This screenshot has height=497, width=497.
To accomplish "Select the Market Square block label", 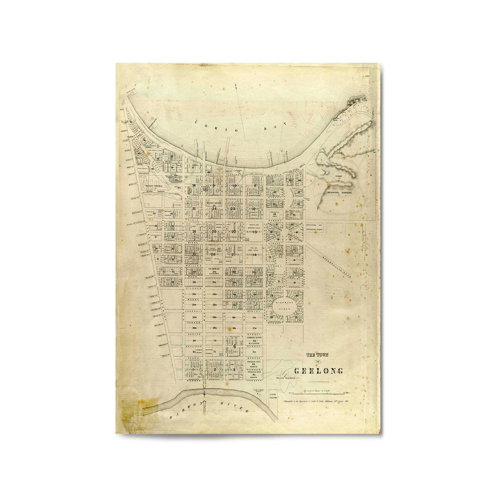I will coord(214,203).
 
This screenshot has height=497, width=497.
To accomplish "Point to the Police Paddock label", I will coord(283,378).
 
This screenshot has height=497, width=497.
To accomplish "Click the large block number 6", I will coord(234,346).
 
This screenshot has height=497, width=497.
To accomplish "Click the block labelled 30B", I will coord(194,317).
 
